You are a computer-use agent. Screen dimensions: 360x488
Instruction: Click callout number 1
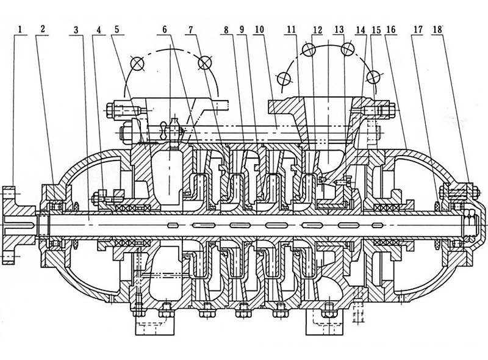coord(20,29)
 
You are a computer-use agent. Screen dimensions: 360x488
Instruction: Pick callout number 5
coord(117,29)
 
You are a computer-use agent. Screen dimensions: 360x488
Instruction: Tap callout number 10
coord(260,29)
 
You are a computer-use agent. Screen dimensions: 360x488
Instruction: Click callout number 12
coord(316,29)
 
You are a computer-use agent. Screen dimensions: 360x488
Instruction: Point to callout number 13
coord(339,29)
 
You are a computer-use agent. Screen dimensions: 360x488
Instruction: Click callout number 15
coord(376,29)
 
